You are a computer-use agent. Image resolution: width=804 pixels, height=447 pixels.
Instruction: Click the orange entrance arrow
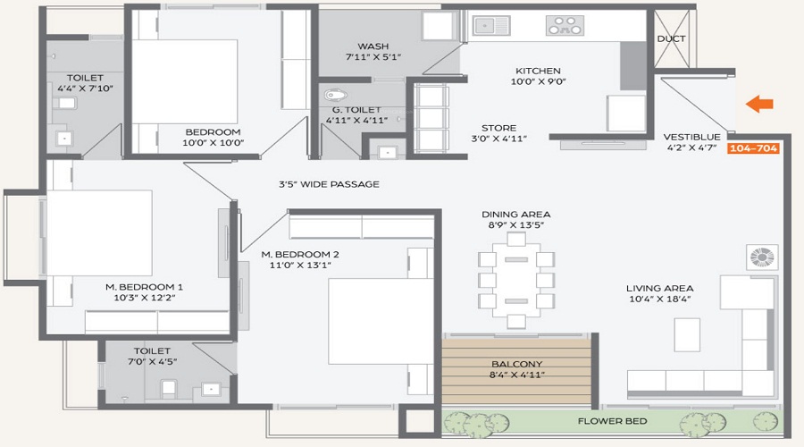(759, 105)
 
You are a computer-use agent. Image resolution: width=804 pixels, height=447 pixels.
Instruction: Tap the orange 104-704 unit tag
(753, 148)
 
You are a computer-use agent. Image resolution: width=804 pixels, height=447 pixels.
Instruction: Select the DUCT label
(671, 39)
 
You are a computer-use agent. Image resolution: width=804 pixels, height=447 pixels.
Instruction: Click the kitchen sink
(491, 25)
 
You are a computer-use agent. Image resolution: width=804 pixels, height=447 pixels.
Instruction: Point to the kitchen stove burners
(565, 25)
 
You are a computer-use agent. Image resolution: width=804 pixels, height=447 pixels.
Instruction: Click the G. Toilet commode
(336, 95)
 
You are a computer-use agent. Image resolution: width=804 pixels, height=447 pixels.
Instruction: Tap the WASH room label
(373, 46)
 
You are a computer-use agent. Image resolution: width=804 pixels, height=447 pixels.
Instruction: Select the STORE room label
(498, 128)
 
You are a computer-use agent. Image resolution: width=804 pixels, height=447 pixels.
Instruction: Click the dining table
(516, 280)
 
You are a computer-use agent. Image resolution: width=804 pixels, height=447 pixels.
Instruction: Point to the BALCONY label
(517, 364)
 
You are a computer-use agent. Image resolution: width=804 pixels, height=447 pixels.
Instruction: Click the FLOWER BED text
(612, 421)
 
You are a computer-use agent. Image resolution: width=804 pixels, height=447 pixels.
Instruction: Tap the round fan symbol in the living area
(762, 257)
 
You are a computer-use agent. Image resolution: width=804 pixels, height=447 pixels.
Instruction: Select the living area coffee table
(687, 334)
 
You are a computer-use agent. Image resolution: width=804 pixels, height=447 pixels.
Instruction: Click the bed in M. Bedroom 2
(381, 321)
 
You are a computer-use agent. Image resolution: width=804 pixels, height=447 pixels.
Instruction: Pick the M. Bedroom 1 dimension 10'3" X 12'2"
(145, 298)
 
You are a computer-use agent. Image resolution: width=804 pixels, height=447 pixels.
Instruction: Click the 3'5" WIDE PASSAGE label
(329, 184)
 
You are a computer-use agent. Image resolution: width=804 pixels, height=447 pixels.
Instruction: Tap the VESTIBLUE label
(691, 137)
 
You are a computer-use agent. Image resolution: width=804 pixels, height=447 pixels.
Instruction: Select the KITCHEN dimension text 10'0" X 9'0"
(539, 81)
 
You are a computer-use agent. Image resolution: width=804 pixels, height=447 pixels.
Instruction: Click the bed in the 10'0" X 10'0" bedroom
(185, 81)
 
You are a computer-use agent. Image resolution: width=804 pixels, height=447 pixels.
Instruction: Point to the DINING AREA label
(515, 215)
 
